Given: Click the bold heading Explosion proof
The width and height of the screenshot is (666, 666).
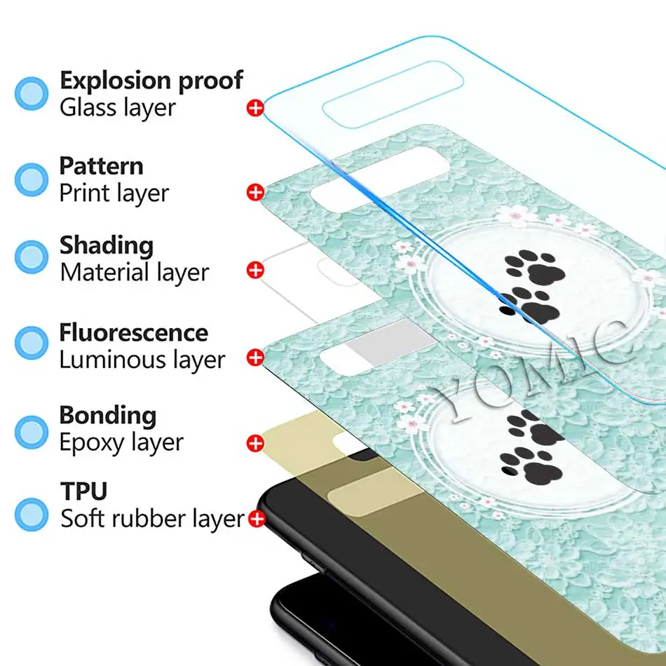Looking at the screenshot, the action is pyautogui.click(x=151, y=81).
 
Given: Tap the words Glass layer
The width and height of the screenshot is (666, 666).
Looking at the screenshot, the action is pyautogui.click(x=117, y=108).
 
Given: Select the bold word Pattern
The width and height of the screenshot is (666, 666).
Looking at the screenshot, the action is pyautogui.click(x=101, y=166).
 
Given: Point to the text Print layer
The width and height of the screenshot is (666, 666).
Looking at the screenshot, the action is pyautogui.click(x=114, y=193).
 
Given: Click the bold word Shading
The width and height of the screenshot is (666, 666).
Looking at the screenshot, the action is pyautogui.click(x=106, y=245).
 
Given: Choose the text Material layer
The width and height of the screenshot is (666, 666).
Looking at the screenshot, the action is pyautogui.click(x=134, y=272).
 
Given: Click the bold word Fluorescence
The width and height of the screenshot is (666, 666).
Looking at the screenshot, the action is pyautogui.click(x=133, y=332).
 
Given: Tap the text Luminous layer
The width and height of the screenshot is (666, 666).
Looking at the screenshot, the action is pyautogui.click(x=142, y=360).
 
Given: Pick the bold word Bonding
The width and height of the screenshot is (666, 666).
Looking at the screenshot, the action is pyautogui.click(x=107, y=415).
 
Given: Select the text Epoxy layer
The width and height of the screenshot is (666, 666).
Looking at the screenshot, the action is pyautogui.click(x=121, y=442).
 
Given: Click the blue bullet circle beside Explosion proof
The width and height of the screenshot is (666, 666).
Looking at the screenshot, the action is pyautogui.click(x=32, y=93).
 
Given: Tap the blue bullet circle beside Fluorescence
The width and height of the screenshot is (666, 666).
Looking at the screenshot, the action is pyautogui.click(x=32, y=342).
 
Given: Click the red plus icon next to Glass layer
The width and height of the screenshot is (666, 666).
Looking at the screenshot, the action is pyautogui.click(x=255, y=108).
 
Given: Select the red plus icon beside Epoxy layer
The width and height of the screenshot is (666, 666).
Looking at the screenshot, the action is pyautogui.click(x=255, y=443).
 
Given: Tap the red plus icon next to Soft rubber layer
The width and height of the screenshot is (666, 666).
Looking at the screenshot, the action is pyautogui.click(x=257, y=519).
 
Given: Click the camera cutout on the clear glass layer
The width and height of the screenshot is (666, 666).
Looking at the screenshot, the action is pyautogui.click(x=393, y=95).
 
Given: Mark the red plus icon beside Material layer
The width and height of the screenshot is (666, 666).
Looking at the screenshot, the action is pyautogui.click(x=255, y=271).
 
